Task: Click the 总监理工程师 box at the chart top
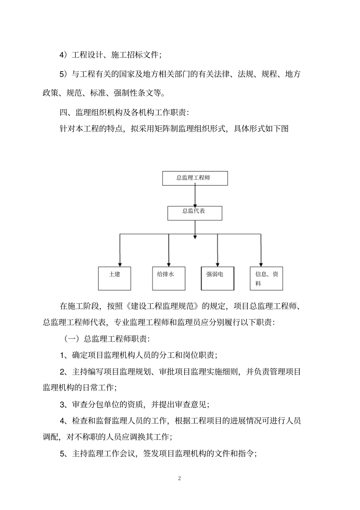pos(195,178)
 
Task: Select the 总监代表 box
pos(195,213)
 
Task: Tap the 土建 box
pos(114,278)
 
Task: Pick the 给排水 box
pos(169,278)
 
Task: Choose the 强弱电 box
pos(217,279)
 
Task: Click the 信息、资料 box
pos(266,279)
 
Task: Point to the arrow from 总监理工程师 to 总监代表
pos(195,196)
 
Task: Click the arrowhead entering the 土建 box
pos(120,264)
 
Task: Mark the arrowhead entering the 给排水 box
pos(169,264)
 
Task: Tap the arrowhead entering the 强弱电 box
pos(217,264)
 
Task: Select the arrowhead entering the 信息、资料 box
pos(261,264)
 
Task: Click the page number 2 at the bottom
pos(179,478)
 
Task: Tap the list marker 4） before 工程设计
pos(64,55)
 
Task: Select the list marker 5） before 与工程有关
pos(64,74)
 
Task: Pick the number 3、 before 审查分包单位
pos(64,405)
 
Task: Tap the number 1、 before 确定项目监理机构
pos(64,355)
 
